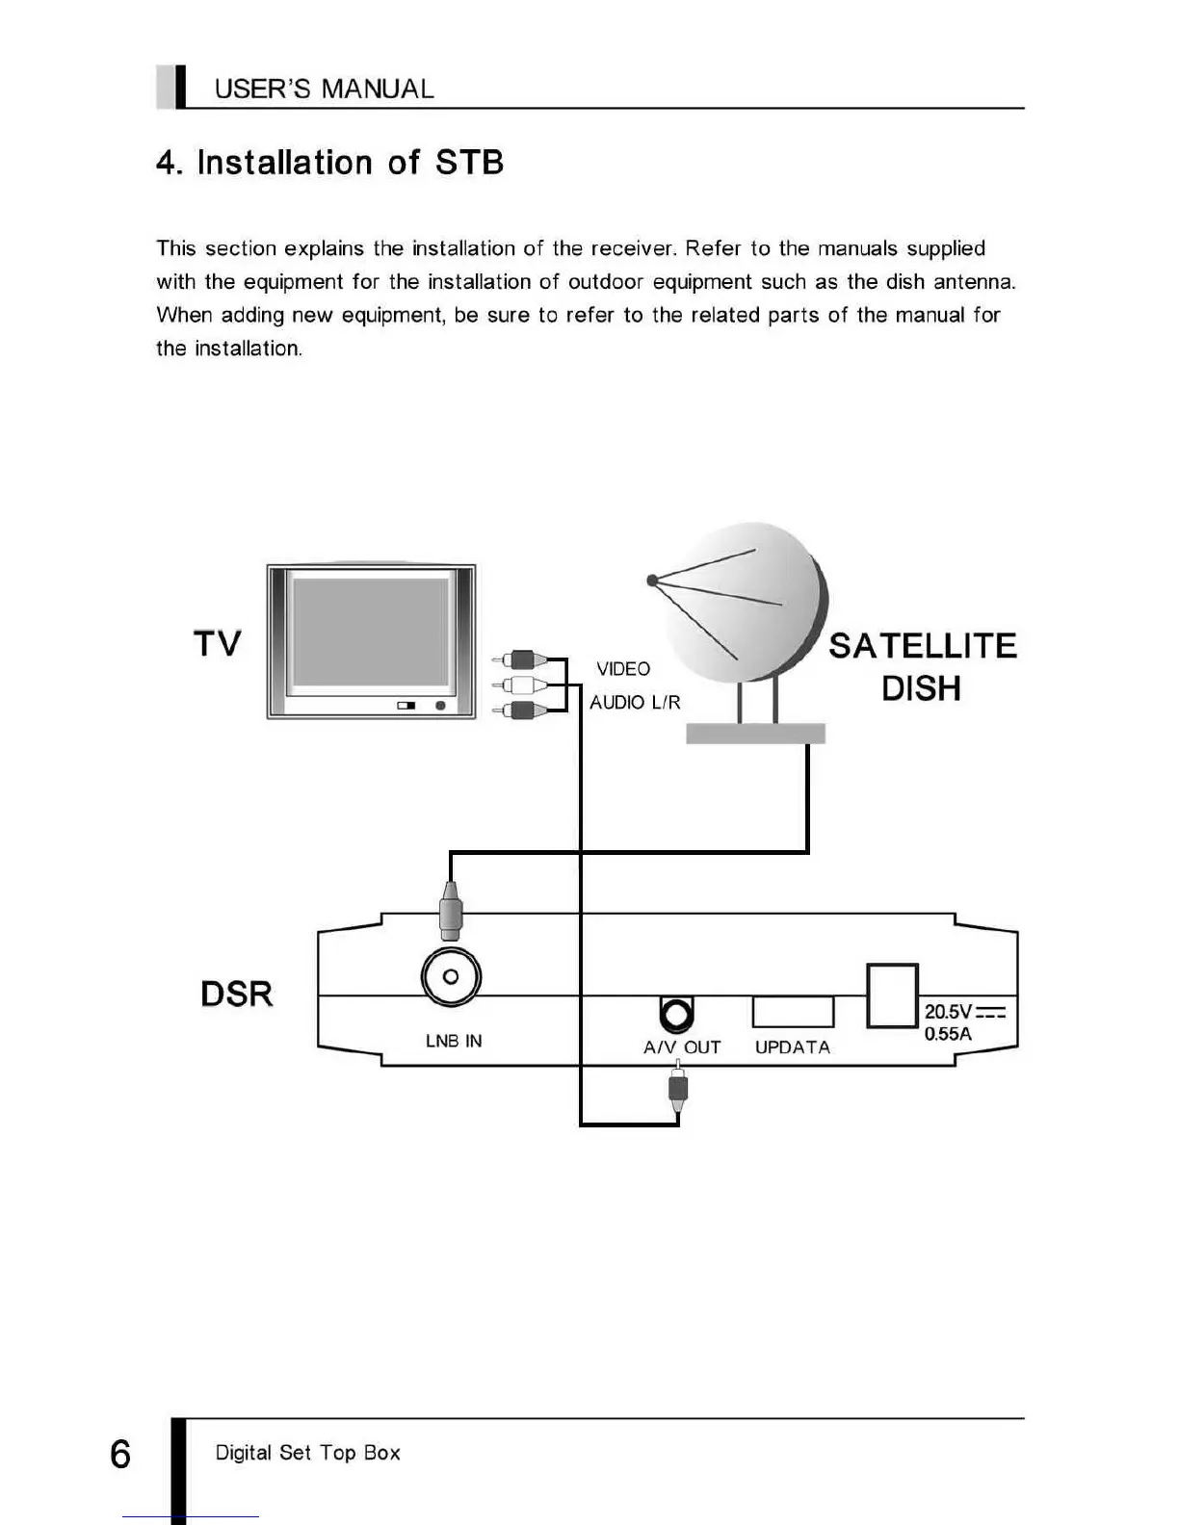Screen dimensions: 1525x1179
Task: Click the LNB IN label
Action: [x=454, y=1041]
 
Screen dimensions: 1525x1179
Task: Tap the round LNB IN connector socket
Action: [x=451, y=977]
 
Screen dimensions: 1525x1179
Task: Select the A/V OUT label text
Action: [x=682, y=1047]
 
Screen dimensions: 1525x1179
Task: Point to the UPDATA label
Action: [x=793, y=1047]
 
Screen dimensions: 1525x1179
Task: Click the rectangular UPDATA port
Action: [x=793, y=1012]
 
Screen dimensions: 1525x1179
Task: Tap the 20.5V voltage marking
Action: [x=949, y=1012]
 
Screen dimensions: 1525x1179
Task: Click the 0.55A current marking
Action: [x=948, y=1034]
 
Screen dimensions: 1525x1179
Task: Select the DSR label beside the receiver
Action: [x=237, y=994]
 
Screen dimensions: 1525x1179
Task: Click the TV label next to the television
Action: [x=218, y=643]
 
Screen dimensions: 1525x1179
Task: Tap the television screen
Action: [x=371, y=631]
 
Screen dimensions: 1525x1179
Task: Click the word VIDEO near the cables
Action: [x=623, y=668]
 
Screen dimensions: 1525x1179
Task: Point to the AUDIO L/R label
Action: [x=635, y=703]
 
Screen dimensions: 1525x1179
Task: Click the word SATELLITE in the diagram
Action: [x=923, y=646]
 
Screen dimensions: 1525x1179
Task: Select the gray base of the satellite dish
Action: [x=755, y=734]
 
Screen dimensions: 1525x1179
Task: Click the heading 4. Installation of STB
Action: [x=330, y=163]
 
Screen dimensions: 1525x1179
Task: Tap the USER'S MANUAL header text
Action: [x=324, y=90]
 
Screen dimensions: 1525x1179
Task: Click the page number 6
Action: [x=120, y=1454]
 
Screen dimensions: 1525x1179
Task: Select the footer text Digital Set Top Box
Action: [x=307, y=1453]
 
